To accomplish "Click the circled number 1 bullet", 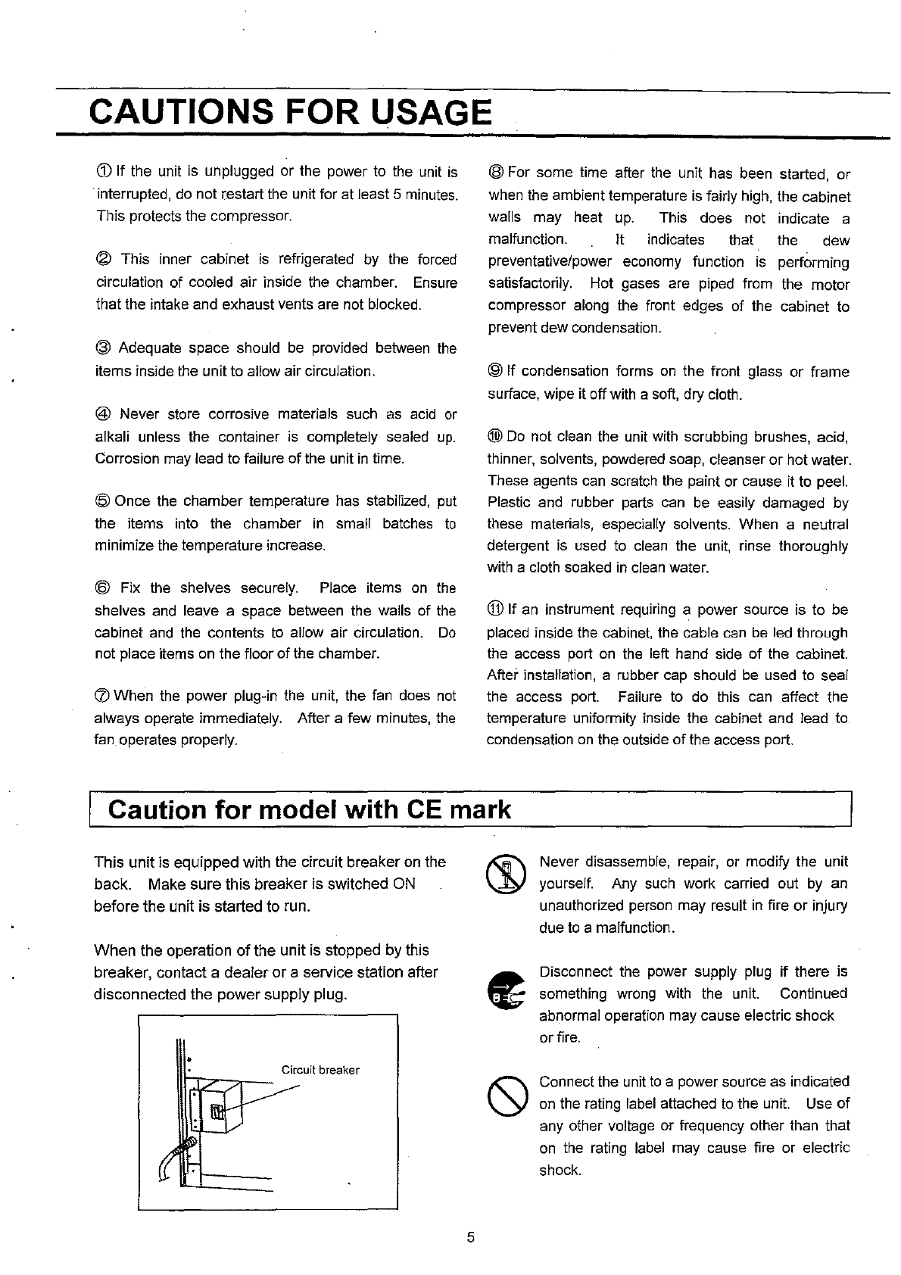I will (103, 172).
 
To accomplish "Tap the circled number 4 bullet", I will (103, 414).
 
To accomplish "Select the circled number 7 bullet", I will (103, 696).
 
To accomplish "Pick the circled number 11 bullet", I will (497, 610).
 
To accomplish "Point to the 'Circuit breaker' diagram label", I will (320, 1070).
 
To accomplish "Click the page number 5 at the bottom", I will (471, 1238).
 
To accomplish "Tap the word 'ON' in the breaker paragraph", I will (404, 884).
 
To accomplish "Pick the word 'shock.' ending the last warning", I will (560, 1170).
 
